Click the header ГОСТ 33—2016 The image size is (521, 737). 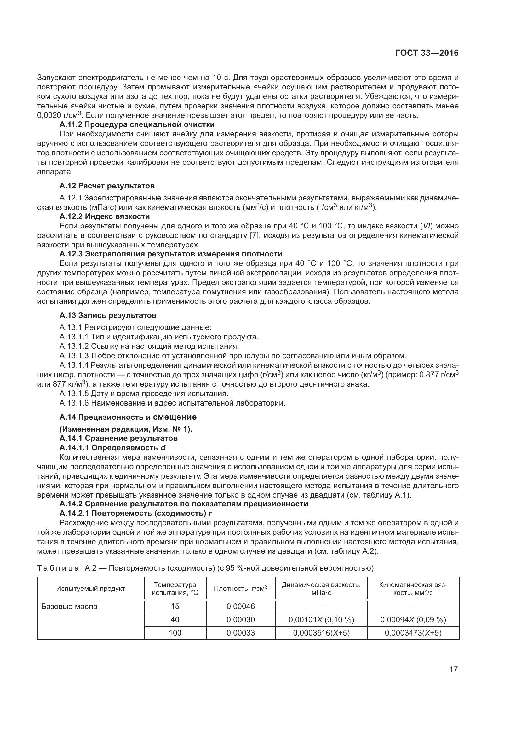click(x=427, y=53)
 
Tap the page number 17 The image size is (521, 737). click(x=453, y=670)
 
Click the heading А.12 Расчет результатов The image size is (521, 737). click(x=107, y=186)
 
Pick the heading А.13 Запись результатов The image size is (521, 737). click(x=108, y=315)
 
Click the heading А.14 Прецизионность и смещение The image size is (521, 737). click(x=128, y=417)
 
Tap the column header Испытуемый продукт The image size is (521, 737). click(x=90, y=588)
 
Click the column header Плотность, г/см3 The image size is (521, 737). click(x=241, y=588)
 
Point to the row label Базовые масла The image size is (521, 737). click(x=69, y=607)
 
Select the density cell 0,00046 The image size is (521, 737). click(x=241, y=606)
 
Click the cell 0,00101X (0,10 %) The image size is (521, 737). click(x=321, y=619)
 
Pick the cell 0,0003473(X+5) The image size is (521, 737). click(x=413, y=633)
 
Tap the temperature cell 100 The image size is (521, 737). click(x=175, y=633)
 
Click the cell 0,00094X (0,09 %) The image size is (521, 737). click(x=413, y=619)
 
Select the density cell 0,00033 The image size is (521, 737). click(x=241, y=633)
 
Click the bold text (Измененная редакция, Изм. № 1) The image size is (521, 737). click(x=126, y=429)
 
